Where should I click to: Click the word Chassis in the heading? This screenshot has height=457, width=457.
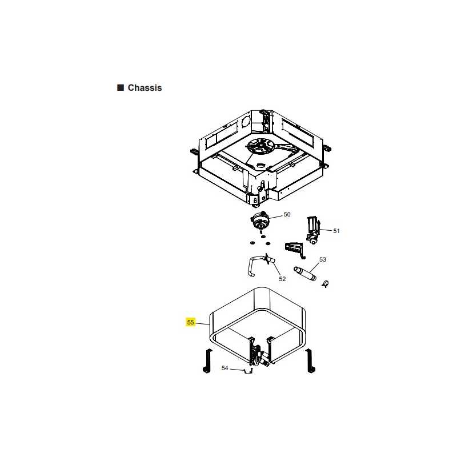(x=145, y=88)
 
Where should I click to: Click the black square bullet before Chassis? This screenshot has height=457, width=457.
(x=121, y=88)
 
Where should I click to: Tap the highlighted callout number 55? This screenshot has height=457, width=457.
(x=190, y=322)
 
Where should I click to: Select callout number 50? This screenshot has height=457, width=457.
(x=287, y=215)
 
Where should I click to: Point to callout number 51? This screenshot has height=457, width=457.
(x=336, y=231)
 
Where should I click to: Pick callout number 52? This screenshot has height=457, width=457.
(x=282, y=279)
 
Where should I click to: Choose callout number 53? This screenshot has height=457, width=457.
(x=323, y=259)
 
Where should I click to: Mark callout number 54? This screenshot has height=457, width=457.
(x=225, y=368)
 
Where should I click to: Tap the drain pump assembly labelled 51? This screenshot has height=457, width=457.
(x=312, y=230)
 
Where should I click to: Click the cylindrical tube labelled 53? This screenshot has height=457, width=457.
(x=305, y=274)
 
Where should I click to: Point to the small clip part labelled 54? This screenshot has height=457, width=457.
(x=248, y=371)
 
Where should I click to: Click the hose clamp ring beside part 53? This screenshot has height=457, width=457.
(x=325, y=283)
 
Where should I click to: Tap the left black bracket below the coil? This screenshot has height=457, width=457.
(x=207, y=361)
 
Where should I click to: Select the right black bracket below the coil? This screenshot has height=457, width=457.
(x=310, y=361)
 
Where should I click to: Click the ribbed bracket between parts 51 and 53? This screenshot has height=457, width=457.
(x=294, y=250)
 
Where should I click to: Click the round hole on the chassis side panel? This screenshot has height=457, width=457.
(x=246, y=121)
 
